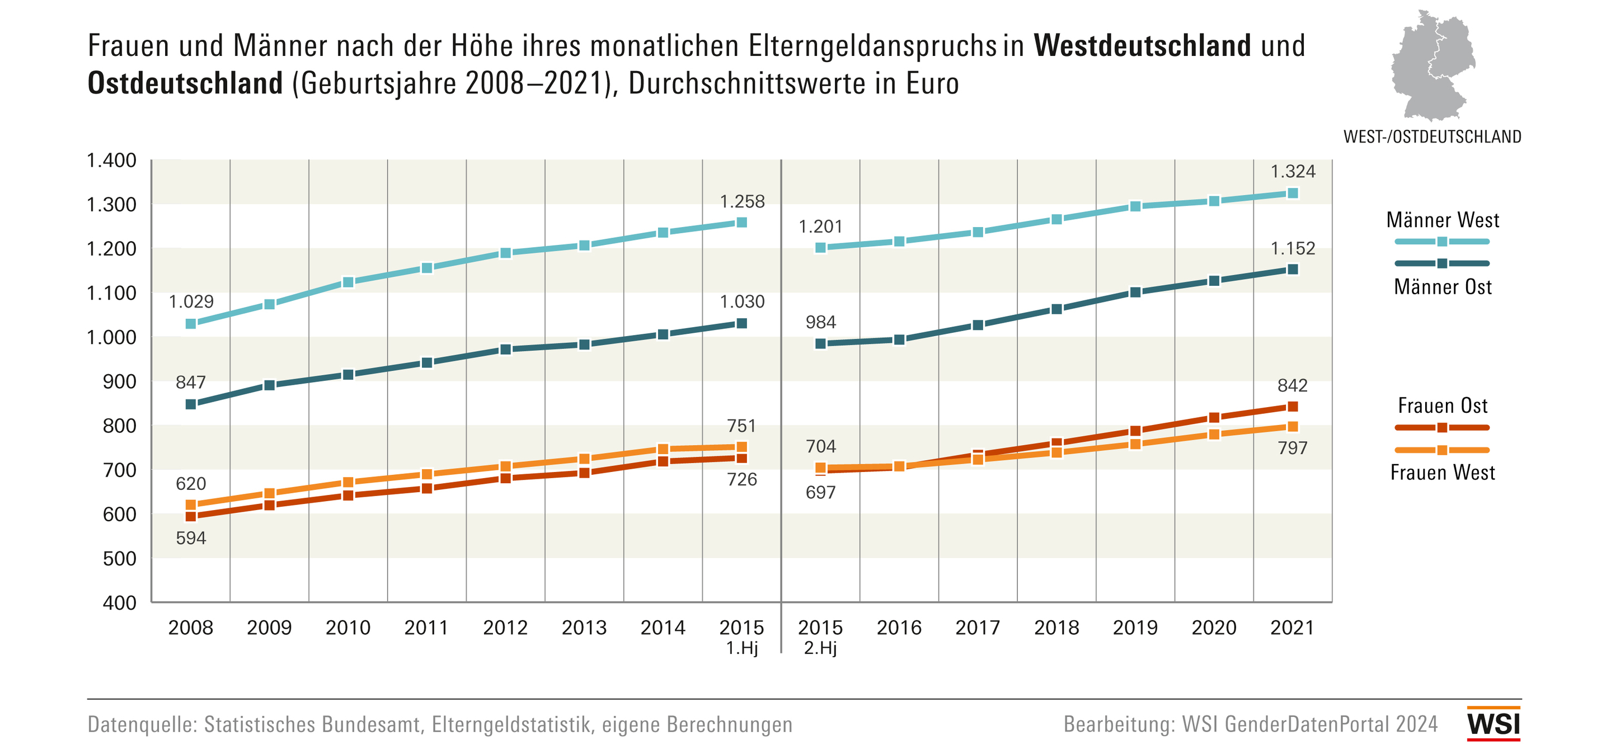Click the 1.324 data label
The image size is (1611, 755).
(x=1292, y=171)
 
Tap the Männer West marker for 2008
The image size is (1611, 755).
(x=191, y=324)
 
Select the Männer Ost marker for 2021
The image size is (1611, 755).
(x=1292, y=270)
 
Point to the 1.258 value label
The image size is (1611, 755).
(x=742, y=201)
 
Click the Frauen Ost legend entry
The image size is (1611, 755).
(x=1442, y=406)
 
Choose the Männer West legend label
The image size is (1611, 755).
(x=1442, y=220)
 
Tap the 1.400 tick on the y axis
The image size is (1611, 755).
(x=111, y=161)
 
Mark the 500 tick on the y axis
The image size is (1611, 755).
(x=119, y=559)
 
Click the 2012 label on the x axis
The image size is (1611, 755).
(x=505, y=627)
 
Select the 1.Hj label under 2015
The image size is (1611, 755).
(x=742, y=648)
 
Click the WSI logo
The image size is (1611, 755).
(x=1493, y=724)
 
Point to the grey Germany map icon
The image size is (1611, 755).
(x=1432, y=65)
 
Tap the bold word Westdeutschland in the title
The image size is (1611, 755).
(x=1142, y=46)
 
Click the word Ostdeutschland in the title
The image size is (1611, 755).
(x=185, y=83)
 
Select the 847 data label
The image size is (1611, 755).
(x=191, y=382)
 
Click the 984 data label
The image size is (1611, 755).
(x=820, y=323)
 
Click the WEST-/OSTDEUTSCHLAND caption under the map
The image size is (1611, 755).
(x=1432, y=137)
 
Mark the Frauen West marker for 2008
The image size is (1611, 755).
(x=191, y=505)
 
